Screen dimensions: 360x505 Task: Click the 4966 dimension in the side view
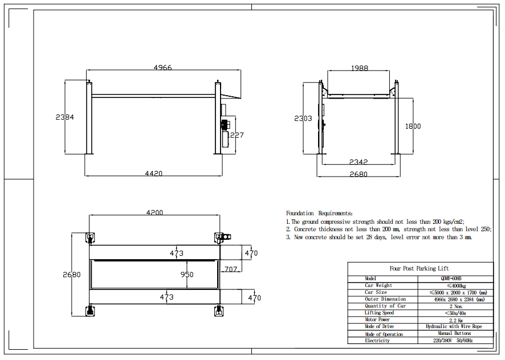pyautogui.click(x=162, y=68)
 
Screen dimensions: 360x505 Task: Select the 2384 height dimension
pyautogui.click(x=65, y=117)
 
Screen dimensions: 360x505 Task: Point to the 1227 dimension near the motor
pyautogui.click(x=235, y=135)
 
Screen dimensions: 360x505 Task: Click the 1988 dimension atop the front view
pyautogui.click(x=359, y=68)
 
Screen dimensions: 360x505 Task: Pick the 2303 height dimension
pyautogui.click(x=303, y=118)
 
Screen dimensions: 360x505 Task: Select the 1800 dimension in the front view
pyautogui.click(x=413, y=126)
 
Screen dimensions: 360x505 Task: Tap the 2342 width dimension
pyautogui.click(x=358, y=162)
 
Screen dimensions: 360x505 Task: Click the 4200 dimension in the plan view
pyautogui.click(x=154, y=212)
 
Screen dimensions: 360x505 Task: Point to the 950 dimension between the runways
pyautogui.click(x=187, y=275)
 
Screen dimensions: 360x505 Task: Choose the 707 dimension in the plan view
pyautogui.click(x=230, y=268)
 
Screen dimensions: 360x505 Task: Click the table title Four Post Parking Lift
pyautogui.click(x=420, y=268)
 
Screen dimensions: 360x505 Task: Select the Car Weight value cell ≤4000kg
pyautogui.click(x=455, y=285)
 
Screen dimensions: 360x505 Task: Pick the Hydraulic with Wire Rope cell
pyautogui.click(x=455, y=327)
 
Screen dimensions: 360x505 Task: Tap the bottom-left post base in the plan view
pyautogui.click(x=89, y=310)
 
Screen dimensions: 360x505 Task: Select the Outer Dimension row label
pyautogui.click(x=385, y=299)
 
